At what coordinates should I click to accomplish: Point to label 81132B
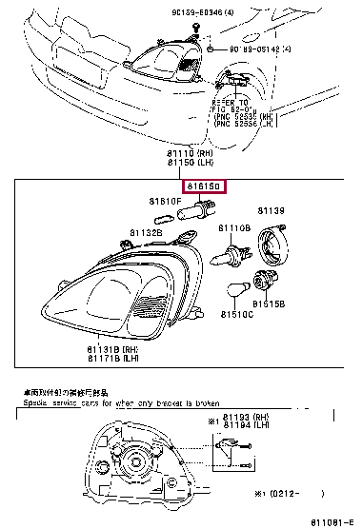pyautogui.click(x=148, y=231)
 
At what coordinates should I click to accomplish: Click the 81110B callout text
pyautogui.click(x=234, y=229)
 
